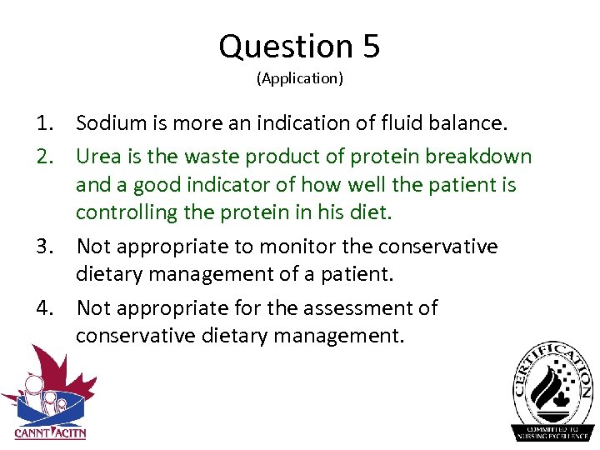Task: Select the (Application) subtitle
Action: pyautogui.click(x=300, y=78)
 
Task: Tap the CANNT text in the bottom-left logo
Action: pyautogui.click(x=32, y=432)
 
